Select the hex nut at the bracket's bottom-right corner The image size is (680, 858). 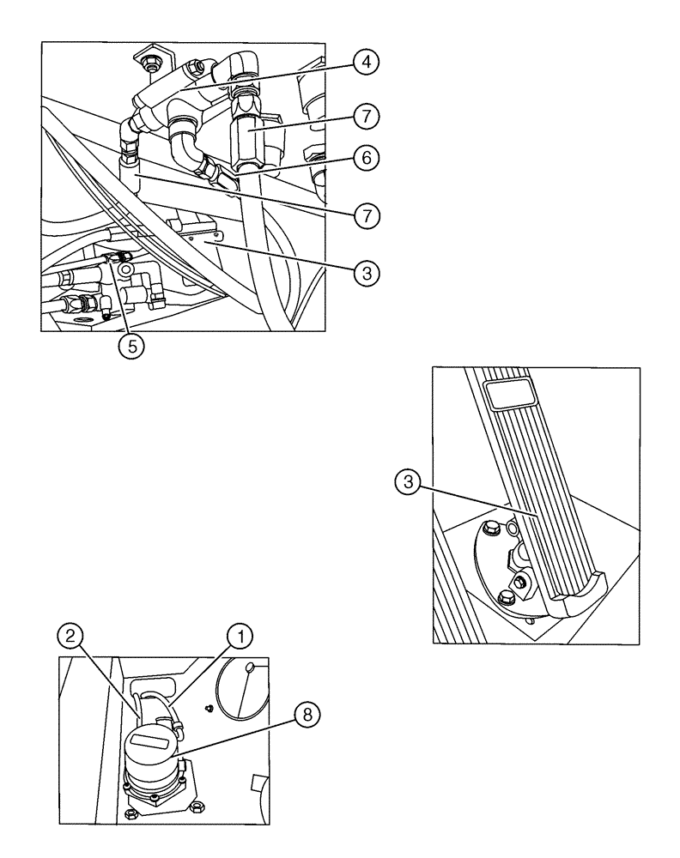tap(196, 807)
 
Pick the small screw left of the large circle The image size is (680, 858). tap(209, 709)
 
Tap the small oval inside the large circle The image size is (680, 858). tap(251, 668)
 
